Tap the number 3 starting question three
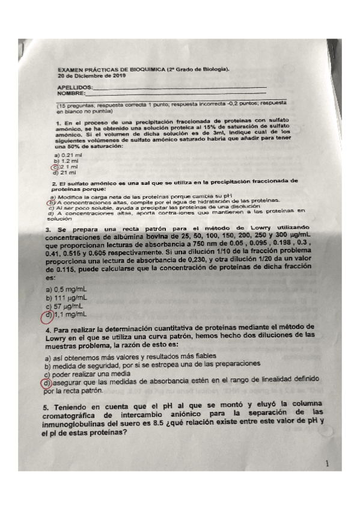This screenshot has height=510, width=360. (x=47, y=230)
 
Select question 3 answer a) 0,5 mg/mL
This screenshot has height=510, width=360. (x=66, y=289)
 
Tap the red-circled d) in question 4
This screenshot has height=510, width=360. (x=47, y=381)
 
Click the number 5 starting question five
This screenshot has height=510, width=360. (x=47, y=407)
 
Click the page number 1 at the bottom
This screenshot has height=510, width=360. (x=326, y=464)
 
